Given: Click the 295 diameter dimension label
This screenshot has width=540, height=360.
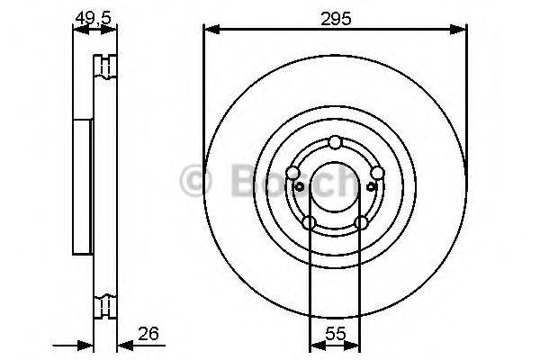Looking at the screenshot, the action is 336,19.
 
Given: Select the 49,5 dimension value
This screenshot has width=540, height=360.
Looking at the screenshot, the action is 94,18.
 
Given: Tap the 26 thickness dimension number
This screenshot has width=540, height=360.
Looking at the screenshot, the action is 148,334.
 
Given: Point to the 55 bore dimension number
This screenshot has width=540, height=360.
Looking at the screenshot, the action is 336,334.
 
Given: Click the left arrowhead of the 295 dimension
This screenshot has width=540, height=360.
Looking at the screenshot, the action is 211,30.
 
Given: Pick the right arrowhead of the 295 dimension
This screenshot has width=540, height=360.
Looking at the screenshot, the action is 458,30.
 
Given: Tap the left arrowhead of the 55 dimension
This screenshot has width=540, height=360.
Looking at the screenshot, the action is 318,345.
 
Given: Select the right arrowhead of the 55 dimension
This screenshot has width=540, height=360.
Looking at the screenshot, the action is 352,345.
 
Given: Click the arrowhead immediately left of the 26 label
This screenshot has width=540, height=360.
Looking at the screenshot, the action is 125,345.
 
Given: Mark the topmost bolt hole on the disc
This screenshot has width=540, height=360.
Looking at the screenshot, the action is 335,142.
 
